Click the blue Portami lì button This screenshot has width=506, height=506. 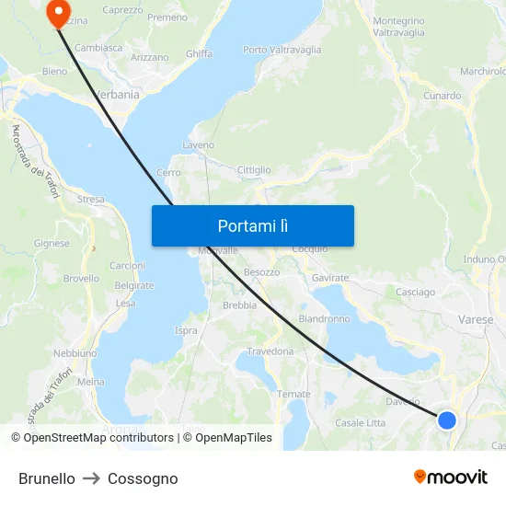pos(252,225)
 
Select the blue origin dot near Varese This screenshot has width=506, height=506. pos(447,420)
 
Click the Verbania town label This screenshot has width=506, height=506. pos(117,94)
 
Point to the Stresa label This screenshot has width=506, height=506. pos(90,199)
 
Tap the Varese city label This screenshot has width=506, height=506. pos(476,320)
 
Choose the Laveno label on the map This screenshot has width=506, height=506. pos(199,145)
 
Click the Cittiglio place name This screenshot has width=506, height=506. pos(254,170)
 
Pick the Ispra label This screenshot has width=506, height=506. pos(186,330)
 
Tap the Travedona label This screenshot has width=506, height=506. pos(270,351)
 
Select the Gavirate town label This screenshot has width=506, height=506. pos(330,278)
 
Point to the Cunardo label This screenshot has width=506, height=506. pos(442,96)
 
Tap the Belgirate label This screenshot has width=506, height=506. pos(134,286)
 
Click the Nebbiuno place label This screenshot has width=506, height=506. pos(75,353)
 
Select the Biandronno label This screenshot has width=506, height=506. pos(324,319)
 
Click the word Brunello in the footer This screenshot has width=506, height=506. pos(47,478)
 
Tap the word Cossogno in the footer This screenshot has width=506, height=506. pos(143,478)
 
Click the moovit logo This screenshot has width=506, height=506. pos(451,477)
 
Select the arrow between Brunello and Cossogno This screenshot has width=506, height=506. pos(91,478)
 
